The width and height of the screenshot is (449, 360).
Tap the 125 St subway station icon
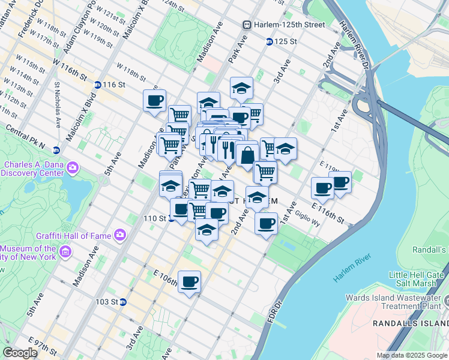pos(270,41)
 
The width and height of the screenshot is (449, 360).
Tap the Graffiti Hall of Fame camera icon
pos(119,234)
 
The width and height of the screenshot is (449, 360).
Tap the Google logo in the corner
pos(20,352)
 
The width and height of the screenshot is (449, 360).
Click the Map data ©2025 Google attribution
pos(411,355)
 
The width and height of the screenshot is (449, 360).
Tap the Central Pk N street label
pos(26,136)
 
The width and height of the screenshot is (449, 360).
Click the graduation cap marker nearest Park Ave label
pos(241,88)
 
